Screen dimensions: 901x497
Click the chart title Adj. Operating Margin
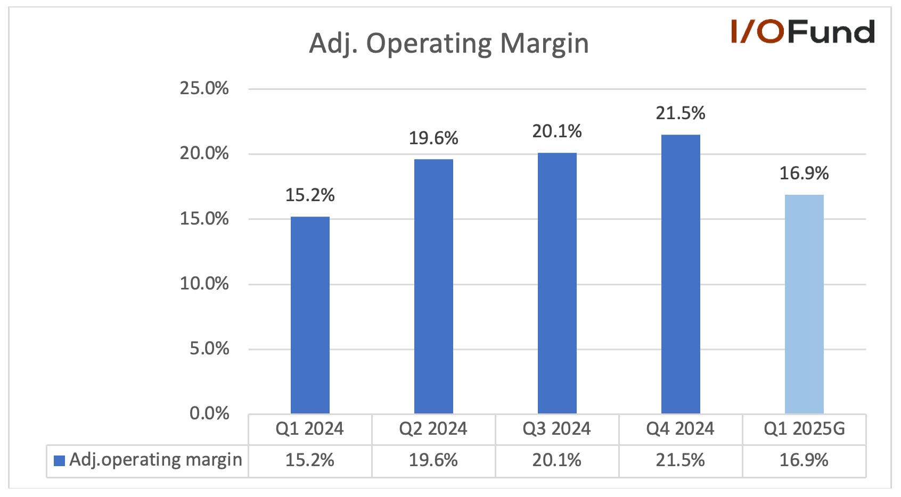coord(448,44)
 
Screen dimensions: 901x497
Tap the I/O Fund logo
coord(803,31)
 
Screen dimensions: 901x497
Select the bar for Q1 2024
coord(310,315)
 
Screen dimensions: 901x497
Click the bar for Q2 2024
coord(433,286)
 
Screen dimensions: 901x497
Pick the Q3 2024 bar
coord(557,283)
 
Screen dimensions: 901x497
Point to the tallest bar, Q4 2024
coord(681,274)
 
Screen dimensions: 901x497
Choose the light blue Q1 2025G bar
coord(804,304)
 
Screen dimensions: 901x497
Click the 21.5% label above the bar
coord(681,113)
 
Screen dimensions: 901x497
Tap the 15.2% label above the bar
coord(310,195)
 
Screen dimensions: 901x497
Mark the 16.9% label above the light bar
coord(804,173)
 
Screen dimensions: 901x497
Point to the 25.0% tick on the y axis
coord(204,88)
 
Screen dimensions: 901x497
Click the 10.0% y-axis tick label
coord(204,284)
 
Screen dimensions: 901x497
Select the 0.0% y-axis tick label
coord(209,413)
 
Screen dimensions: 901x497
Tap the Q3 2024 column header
coord(556,429)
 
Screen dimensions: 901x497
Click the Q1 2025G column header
coord(804,429)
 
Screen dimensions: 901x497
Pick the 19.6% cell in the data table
coord(433,460)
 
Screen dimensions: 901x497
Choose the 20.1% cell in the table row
coord(556,460)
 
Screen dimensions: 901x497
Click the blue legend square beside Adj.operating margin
coord(59,461)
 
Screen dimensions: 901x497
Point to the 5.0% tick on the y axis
coord(209,349)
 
